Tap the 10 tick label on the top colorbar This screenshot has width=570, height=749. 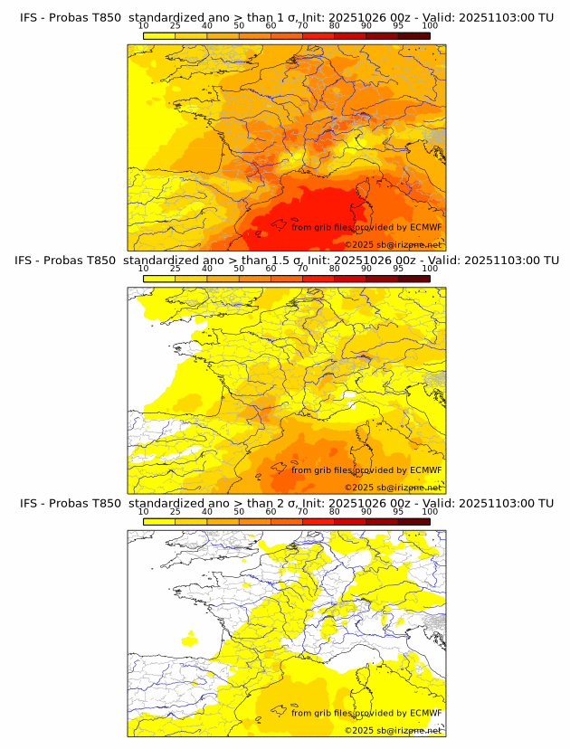click(x=143, y=25)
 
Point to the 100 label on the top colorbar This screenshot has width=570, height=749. click(x=430, y=25)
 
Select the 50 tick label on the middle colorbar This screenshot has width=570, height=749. click(x=239, y=269)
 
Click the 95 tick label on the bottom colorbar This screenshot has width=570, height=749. click(x=398, y=511)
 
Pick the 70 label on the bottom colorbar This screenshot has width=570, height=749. click(x=302, y=511)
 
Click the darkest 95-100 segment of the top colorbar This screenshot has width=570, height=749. click(x=414, y=36)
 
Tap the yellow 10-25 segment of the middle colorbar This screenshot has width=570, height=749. click(x=159, y=280)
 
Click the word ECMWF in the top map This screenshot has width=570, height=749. click(x=425, y=227)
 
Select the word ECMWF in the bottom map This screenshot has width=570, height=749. click(x=425, y=713)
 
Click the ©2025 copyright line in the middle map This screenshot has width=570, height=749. click(x=393, y=487)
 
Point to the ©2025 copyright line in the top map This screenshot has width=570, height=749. click(x=393, y=244)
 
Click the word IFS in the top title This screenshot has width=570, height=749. click(x=29, y=17)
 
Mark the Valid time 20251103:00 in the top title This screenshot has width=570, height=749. click(x=499, y=17)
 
